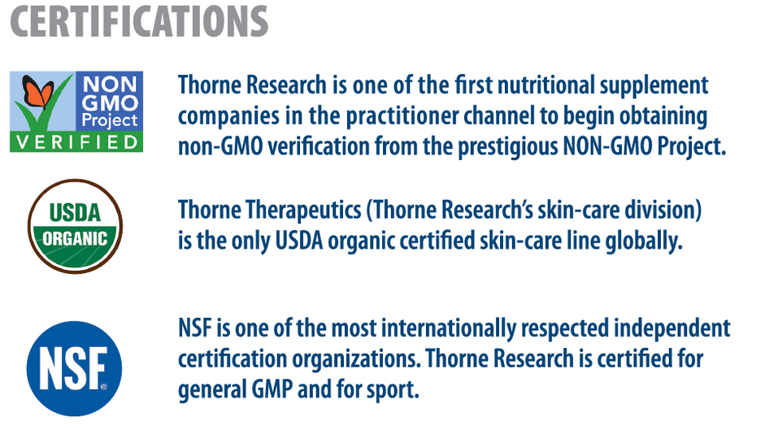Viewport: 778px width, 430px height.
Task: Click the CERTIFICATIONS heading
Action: (x=139, y=21)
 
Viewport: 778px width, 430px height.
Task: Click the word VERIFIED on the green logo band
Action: (x=76, y=143)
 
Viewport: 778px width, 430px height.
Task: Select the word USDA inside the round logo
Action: (x=75, y=213)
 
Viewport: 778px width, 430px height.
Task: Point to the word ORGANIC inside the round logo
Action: (x=75, y=239)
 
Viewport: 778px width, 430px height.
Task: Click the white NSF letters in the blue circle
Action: (x=73, y=368)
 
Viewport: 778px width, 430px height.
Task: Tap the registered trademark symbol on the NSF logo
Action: (x=104, y=387)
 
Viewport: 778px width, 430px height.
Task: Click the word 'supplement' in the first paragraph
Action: (x=654, y=86)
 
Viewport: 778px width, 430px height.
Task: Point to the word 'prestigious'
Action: (x=507, y=147)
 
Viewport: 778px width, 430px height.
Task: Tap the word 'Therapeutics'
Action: (x=304, y=211)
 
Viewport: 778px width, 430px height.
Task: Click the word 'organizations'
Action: (x=356, y=359)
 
